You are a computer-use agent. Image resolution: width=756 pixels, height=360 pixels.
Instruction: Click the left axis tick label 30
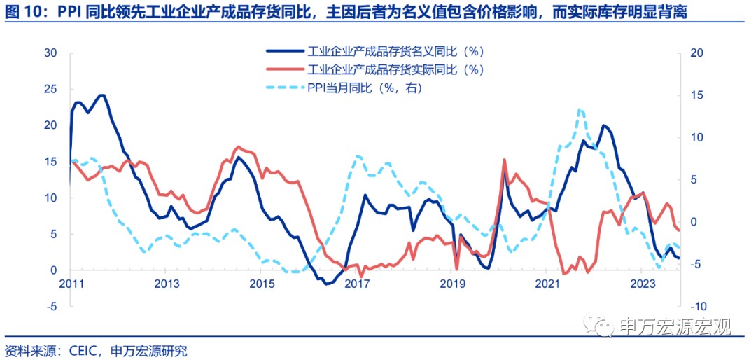pyautogui.click(x=50, y=53)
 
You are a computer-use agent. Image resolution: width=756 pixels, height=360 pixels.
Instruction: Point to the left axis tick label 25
pyautogui.click(x=50, y=89)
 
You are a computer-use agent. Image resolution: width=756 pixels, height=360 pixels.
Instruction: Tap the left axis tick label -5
pyautogui.click(x=51, y=306)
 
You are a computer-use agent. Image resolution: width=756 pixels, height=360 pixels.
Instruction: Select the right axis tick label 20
pyautogui.click(x=696, y=53)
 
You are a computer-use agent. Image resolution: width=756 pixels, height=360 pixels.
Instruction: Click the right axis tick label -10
pyautogui.click(x=697, y=306)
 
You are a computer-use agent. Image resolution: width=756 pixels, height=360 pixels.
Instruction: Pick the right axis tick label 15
pyautogui.click(x=696, y=95)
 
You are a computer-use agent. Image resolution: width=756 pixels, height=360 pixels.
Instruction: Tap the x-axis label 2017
pyautogui.click(x=356, y=284)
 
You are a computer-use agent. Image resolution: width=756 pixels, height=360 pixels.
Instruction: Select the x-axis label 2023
pyautogui.click(x=643, y=284)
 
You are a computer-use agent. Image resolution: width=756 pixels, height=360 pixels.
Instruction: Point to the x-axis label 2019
pyautogui.click(x=452, y=284)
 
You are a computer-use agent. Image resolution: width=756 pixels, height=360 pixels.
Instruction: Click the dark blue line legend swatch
pyautogui.click(x=284, y=51)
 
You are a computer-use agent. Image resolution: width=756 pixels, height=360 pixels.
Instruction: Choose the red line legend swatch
pyautogui.click(x=284, y=69)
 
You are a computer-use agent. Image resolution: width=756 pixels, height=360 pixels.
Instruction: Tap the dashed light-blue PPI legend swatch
pyautogui.click(x=284, y=88)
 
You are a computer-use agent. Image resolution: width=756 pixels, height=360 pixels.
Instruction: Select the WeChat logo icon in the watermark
pyautogui.click(x=601, y=326)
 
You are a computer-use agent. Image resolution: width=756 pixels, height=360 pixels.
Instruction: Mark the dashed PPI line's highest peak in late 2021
pyautogui.click(x=580, y=109)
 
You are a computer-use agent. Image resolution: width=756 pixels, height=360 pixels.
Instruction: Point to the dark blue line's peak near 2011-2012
pyautogui.click(x=102, y=95)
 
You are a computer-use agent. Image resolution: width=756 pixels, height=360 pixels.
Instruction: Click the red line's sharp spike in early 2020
pyautogui.click(x=504, y=160)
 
